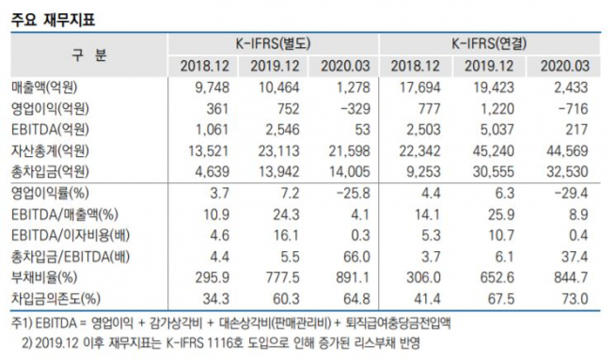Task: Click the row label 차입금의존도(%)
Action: tap(55, 300)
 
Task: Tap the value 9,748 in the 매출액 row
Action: tap(207, 86)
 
